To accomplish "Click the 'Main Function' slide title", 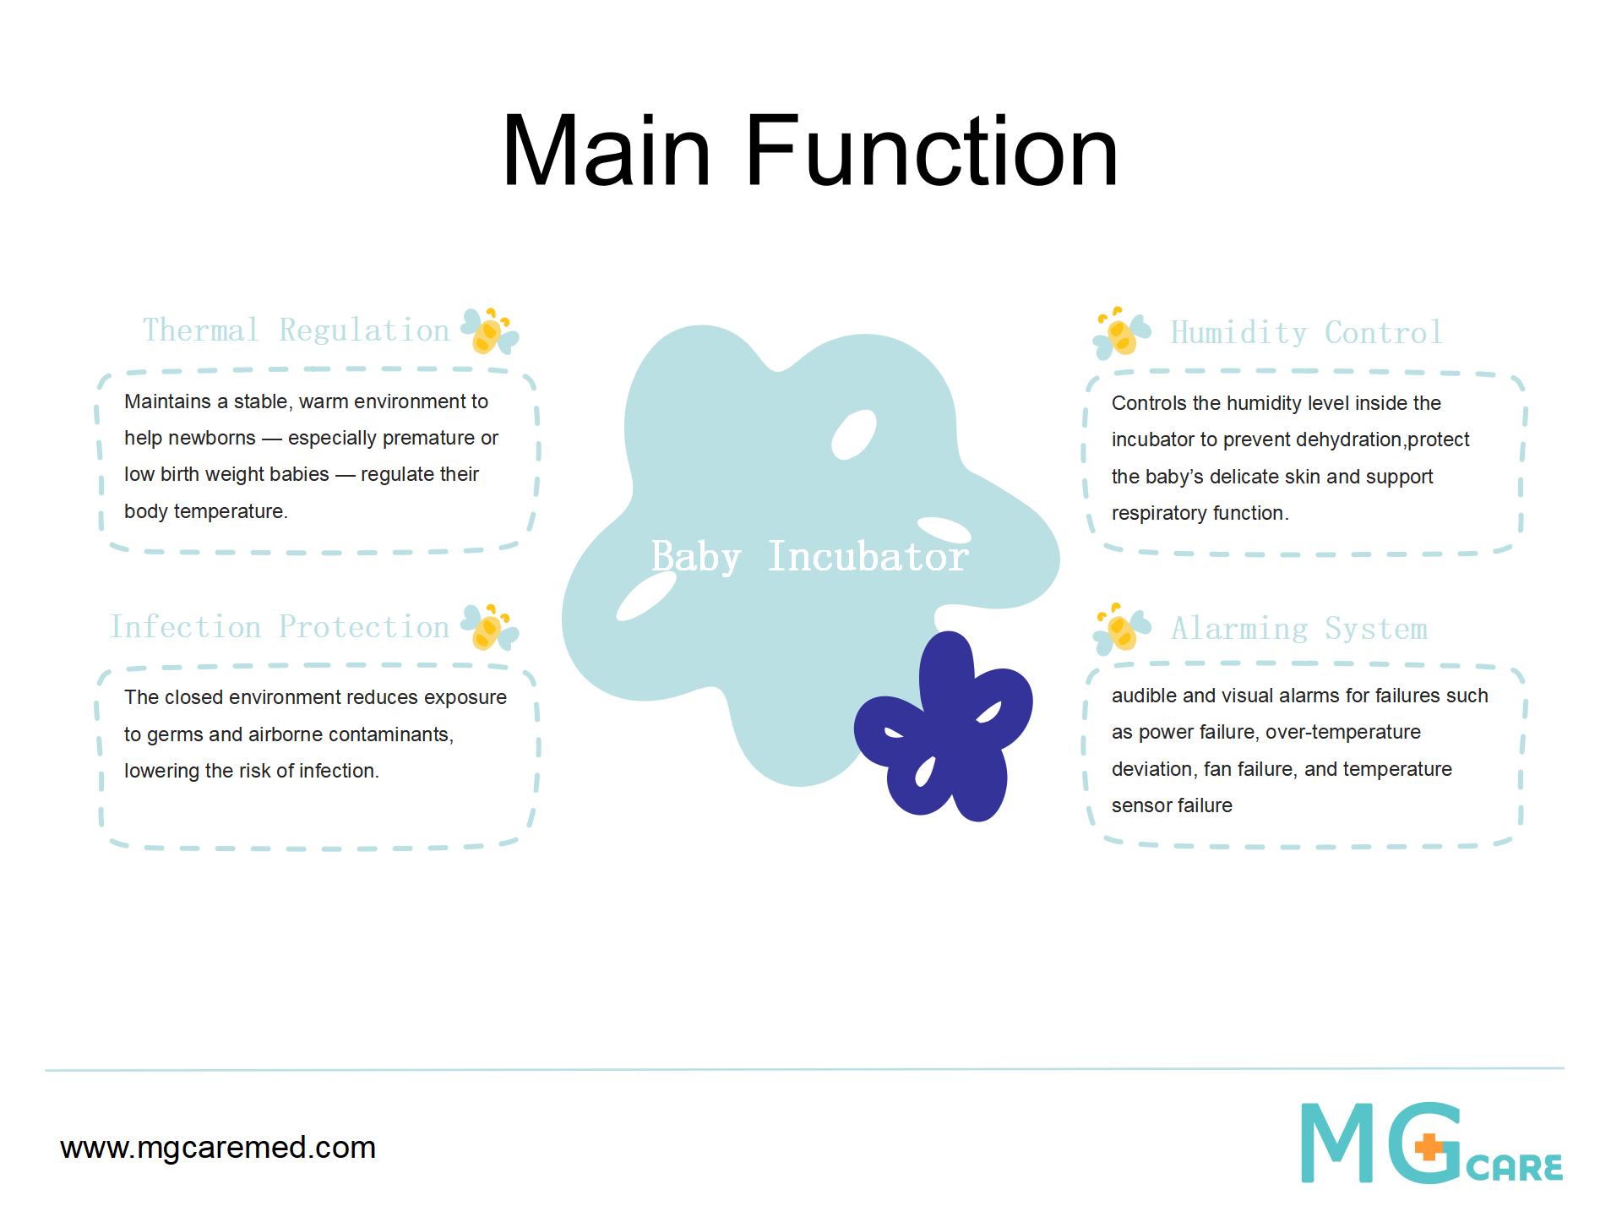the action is click(810, 152).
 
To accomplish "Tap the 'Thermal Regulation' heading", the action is click(296, 330).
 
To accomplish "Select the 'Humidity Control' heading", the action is click(1306, 332).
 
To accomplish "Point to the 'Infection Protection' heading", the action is click(280, 627).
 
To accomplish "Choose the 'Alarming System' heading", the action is click(1299, 629).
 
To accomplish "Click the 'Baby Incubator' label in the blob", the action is click(809, 556).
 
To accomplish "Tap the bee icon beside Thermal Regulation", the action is click(489, 330).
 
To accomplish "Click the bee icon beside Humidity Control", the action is click(1122, 333).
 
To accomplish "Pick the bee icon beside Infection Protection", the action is click(489, 627).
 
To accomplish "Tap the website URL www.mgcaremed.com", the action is click(218, 1148).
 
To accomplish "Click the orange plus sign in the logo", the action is click(1429, 1148).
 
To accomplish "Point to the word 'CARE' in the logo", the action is click(1515, 1167).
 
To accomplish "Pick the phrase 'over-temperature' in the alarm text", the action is click(1343, 732).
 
